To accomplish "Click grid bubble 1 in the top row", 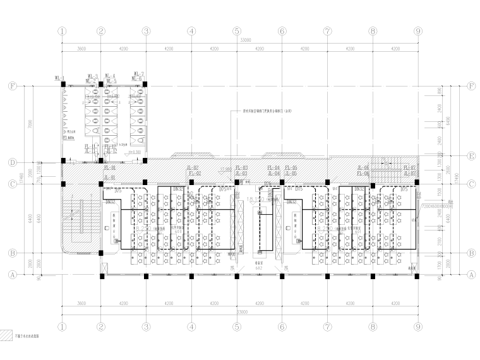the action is pos(62,30).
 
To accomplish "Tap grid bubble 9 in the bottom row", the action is pos(417,328).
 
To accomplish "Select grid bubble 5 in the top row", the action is pos(237,30).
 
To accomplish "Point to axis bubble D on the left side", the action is pos(11,162).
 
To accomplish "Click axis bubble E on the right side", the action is pos(471,154).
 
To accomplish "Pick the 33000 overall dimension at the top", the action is pos(241,40).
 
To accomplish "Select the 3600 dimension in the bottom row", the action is pos(81,304).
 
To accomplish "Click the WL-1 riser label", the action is pos(60,78).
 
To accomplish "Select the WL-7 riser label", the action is pos(137,75).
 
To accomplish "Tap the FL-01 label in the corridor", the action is pos(110,168).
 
